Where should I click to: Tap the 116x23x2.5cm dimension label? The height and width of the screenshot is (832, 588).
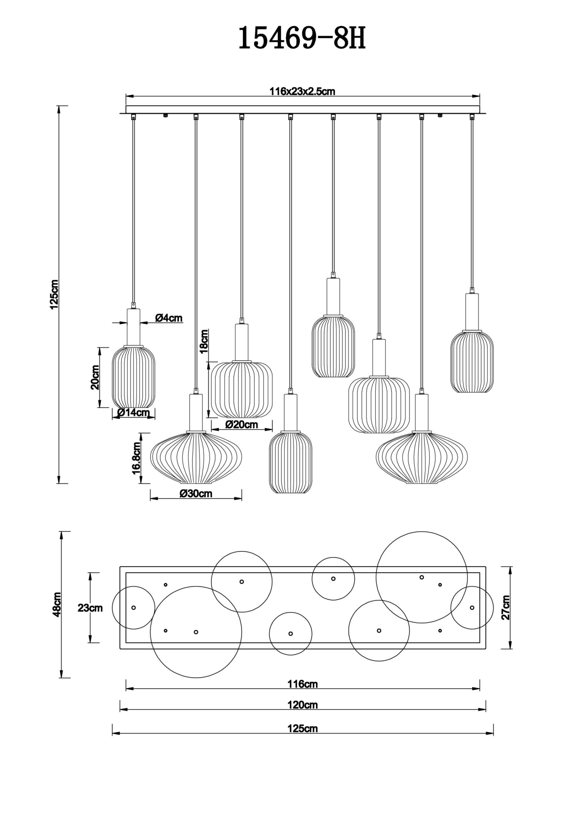click(302, 92)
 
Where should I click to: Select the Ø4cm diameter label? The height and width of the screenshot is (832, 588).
click(169, 318)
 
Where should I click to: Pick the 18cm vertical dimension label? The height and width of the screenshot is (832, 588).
click(204, 341)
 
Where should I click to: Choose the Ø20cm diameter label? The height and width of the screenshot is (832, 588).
click(242, 424)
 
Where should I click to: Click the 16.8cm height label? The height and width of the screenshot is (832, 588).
click(137, 458)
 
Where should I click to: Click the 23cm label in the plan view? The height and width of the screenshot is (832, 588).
click(90, 608)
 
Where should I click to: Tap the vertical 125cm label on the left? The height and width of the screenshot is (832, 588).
click(54, 294)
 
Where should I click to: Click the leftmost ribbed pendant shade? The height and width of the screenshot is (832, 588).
click(133, 377)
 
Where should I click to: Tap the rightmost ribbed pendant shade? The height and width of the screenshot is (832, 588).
click(472, 361)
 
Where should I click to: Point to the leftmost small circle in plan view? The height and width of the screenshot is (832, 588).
click(133, 608)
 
